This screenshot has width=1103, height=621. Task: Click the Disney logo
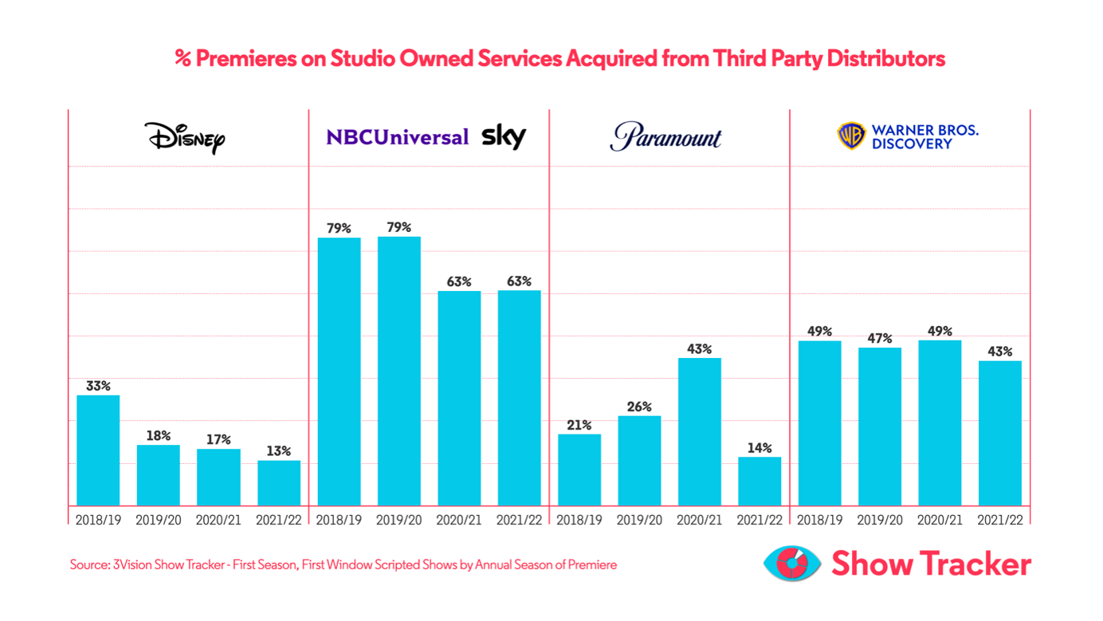[x=185, y=138]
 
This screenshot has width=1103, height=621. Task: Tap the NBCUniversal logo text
[x=397, y=137]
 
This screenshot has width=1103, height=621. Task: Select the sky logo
[x=504, y=137]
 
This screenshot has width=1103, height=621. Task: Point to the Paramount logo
[x=665, y=137]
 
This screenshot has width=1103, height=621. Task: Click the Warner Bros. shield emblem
[x=851, y=136]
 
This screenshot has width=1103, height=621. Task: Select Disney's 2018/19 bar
[x=98, y=450]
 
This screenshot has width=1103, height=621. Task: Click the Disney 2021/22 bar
[x=279, y=483]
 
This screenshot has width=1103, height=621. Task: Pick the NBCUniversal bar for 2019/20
[x=399, y=371]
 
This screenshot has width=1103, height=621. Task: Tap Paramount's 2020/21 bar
[x=700, y=431]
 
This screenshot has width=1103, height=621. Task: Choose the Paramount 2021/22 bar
[x=760, y=481]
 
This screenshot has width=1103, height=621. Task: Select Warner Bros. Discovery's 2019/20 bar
[x=880, y=426]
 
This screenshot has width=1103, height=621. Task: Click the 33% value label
[x=98, y=386]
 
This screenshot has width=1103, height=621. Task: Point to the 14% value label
[x=760, y=448]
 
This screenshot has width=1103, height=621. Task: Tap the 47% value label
[x=880, y=338]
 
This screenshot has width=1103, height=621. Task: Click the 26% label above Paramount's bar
[x=639, y=407]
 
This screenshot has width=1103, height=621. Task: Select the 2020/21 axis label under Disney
[x=218, y=520]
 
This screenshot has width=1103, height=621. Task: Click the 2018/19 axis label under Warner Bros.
[x=820, y=520]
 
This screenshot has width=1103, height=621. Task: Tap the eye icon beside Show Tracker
[x=791, y=564]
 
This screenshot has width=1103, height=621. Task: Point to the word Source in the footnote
[x=88, y=564]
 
